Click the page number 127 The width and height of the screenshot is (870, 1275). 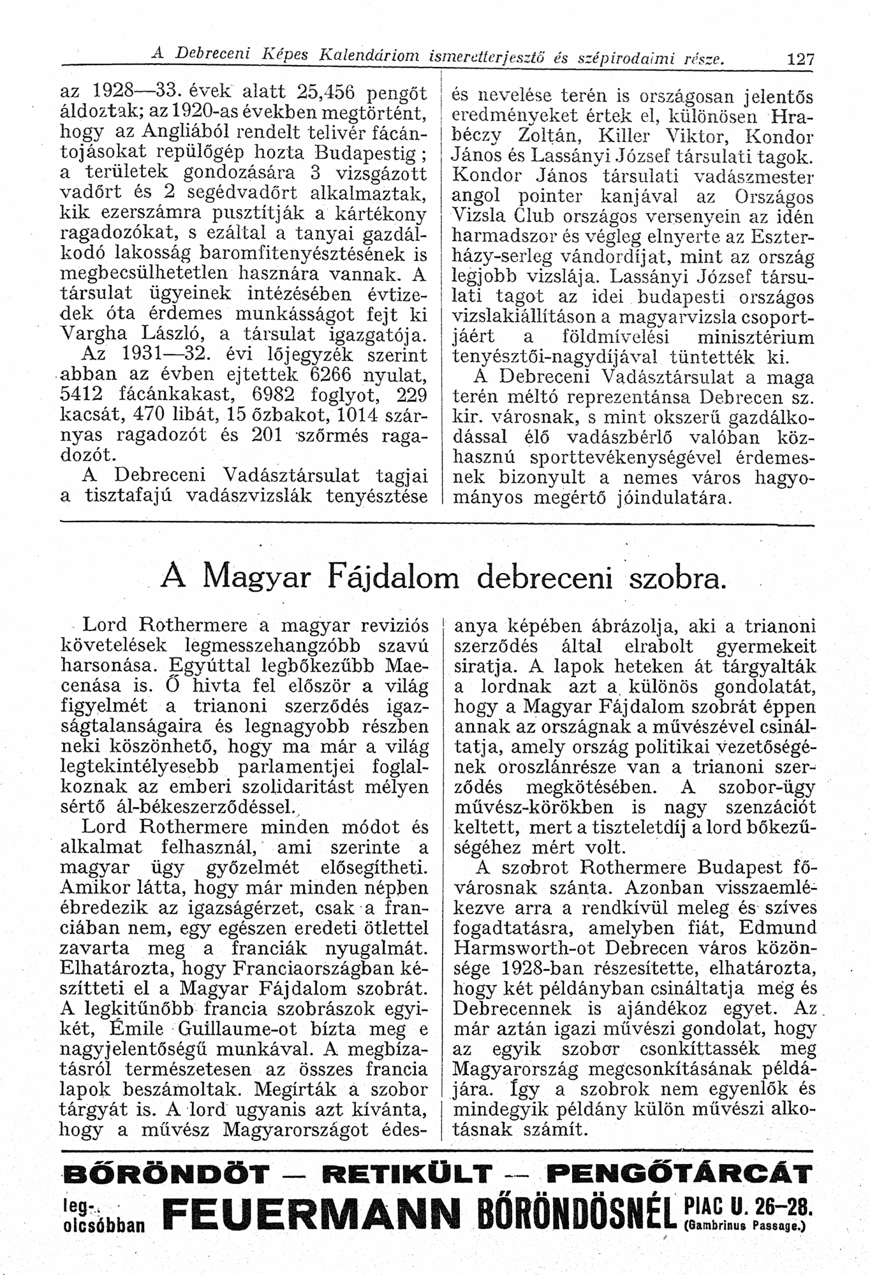tap(800, 60)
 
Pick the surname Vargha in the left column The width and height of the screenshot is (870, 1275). tap(91, 333)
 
